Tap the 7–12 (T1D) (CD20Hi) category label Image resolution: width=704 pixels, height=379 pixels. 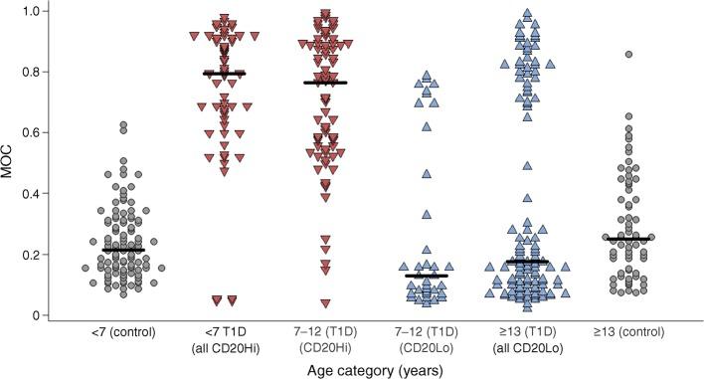point(326,340)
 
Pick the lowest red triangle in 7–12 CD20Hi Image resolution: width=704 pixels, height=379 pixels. point(325,303)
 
